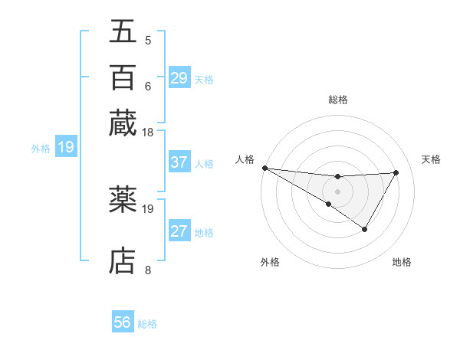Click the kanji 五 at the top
[x=123, y=31]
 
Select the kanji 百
[x=123, y=77]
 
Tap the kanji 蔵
[x=123, y=123]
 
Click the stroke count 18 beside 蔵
[x=148, y=133]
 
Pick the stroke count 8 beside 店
[x=148, y=270]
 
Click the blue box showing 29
[x=179, y=78]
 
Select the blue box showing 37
[x=179, y=162]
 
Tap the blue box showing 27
[x=179, y=231]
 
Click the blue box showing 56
[x=123, y=322]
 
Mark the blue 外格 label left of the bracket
[x=41, y=148]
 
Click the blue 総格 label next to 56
[x=147, y=324]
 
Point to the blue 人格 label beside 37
[x=204, y=163]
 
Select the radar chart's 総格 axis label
[x=338, y=100]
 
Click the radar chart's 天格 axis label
[x=432, y=159]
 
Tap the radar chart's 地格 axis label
[x=402, y=263]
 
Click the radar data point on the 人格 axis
[x=264, y=168]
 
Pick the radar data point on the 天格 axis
[x=396, y=172]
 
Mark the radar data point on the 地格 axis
[x=365, y=229]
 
